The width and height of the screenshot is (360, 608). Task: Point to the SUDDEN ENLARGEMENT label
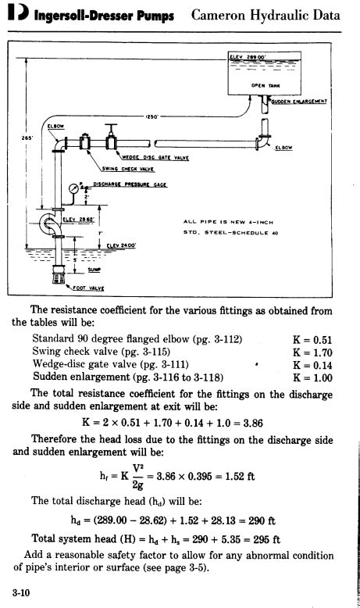[x=299, y=101]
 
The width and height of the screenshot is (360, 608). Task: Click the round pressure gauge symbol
[x=74, y=188]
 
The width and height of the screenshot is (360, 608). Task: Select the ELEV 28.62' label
[x=72, y=220]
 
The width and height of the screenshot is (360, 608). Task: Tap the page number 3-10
[x=22, y=594]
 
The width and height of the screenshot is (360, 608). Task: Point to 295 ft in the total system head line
[x=267, y=538]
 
